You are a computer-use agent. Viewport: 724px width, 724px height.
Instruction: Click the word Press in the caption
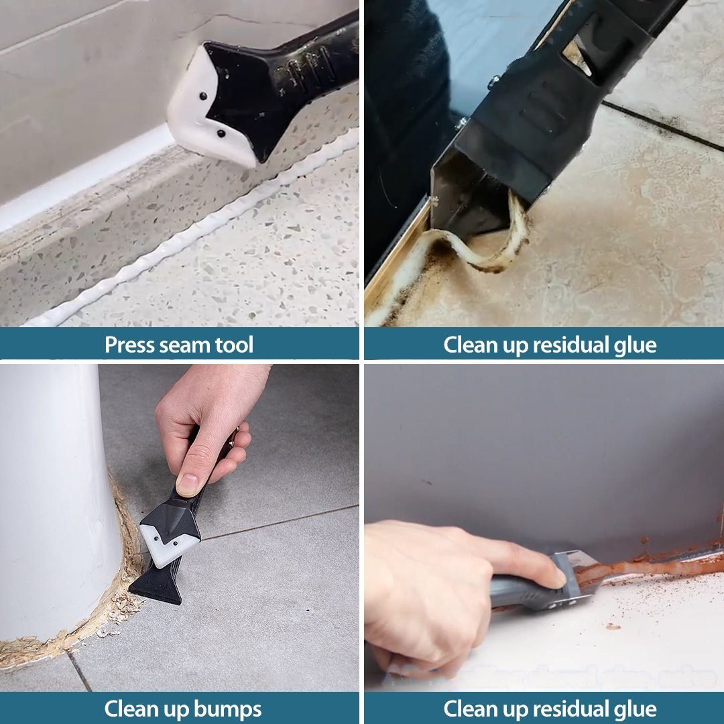click(x=130, y=345)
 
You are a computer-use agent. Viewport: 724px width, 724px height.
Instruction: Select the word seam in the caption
click(x=183, y=345)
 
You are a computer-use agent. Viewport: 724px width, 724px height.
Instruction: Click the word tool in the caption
click(x=232, y=345)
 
